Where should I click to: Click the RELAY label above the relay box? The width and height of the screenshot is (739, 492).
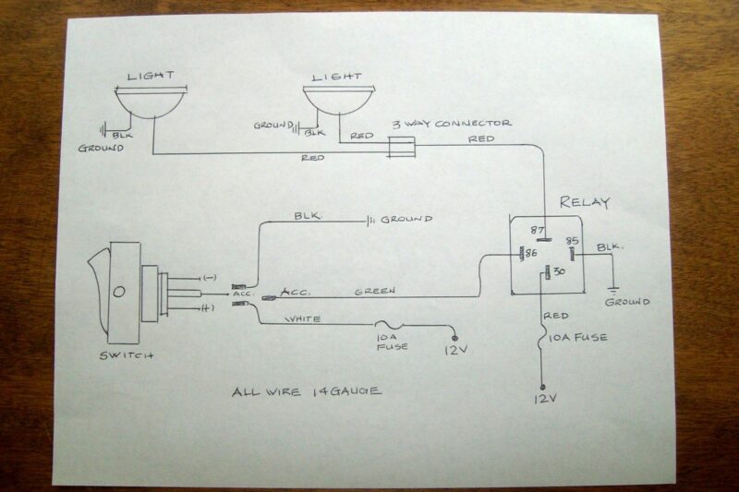tap(585, 202)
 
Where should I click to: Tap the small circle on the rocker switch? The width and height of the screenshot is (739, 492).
tap(119, 293)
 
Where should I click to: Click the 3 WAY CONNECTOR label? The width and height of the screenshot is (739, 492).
tap(452, 123)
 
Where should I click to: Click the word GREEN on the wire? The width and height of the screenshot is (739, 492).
tap(375, 292)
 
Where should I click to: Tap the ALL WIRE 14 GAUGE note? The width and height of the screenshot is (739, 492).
tap(307, 391)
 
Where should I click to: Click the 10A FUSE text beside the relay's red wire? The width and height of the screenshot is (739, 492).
tap(579, 338)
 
